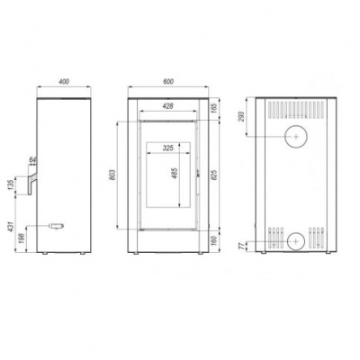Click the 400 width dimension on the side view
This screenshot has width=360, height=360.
63,81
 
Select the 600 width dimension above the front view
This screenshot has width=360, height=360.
168,81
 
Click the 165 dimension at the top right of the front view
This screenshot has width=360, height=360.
213,108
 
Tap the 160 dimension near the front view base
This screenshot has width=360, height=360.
213,240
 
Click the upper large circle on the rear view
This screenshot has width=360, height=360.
294,137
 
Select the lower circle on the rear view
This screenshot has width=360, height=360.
294,240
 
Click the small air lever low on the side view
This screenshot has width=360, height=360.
57,225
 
